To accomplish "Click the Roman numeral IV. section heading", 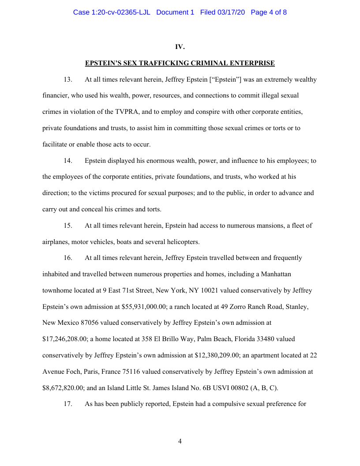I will pos(180,47).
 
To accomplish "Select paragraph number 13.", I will pos(68,80).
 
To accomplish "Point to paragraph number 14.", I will pos(68,161).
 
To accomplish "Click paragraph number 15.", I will pos(68,225).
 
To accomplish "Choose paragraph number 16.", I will pos(68,258).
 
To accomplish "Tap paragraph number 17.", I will pos(68,404).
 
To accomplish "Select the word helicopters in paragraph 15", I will pos(183,242).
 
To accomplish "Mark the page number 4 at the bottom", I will pos(180,441).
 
